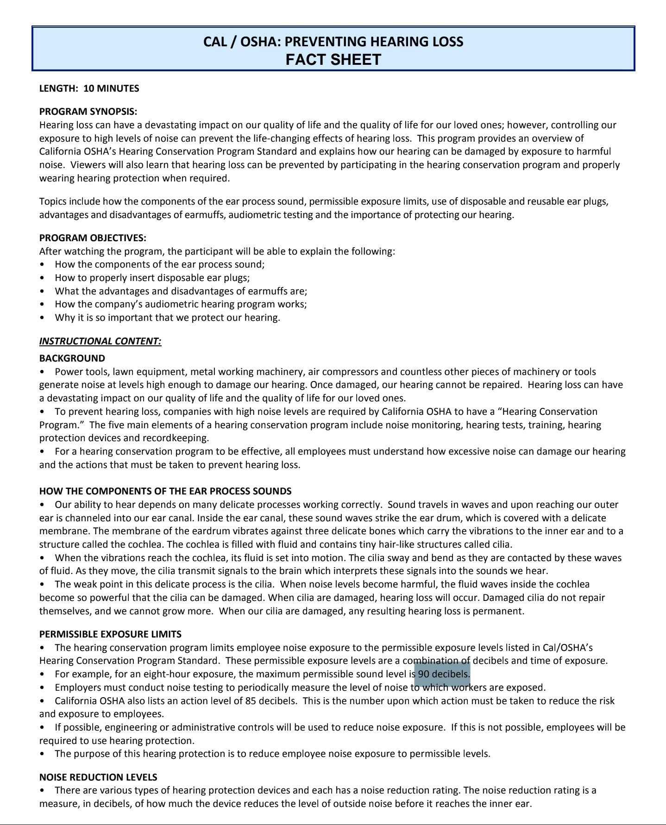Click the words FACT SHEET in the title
333,60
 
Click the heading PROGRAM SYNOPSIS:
88,112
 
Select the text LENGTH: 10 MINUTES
89,88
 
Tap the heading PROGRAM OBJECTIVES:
93,238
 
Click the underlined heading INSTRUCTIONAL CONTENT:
100,341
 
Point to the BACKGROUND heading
72,358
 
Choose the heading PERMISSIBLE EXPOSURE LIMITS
110,634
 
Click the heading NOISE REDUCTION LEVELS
98,777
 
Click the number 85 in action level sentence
251,701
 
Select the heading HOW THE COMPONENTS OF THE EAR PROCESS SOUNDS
165,491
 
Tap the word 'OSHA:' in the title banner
261,42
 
